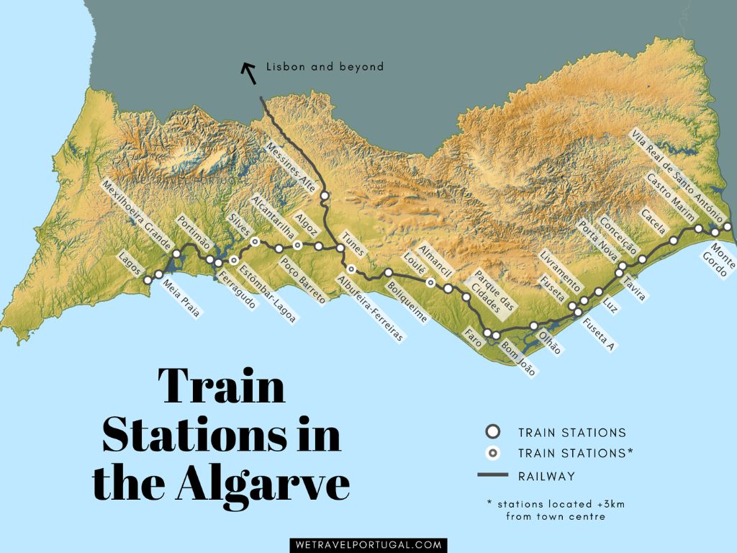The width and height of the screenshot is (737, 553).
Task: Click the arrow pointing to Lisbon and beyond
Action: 249,72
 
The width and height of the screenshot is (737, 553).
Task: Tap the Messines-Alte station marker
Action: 325,196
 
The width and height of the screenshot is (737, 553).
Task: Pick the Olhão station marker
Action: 533,326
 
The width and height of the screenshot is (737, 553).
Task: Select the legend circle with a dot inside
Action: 492,454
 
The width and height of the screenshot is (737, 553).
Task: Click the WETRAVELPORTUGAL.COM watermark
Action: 368,545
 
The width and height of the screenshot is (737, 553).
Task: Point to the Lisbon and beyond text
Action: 325,67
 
